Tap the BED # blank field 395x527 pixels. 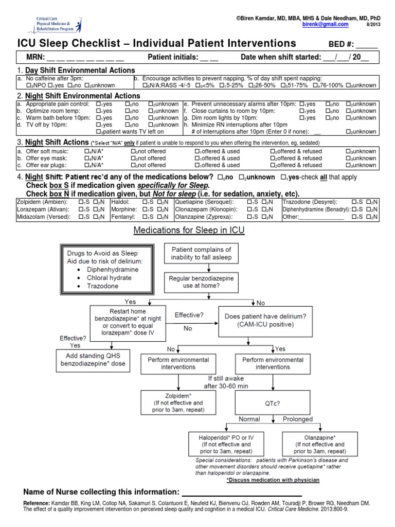pos(367,45)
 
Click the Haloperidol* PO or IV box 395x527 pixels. pos(226,444)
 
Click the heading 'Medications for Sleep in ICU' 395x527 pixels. pos(189,231)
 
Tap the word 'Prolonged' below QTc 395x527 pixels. pos(298,419)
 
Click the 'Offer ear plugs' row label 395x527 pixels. pos(39,166)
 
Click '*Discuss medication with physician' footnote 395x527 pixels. pos(273,480)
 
